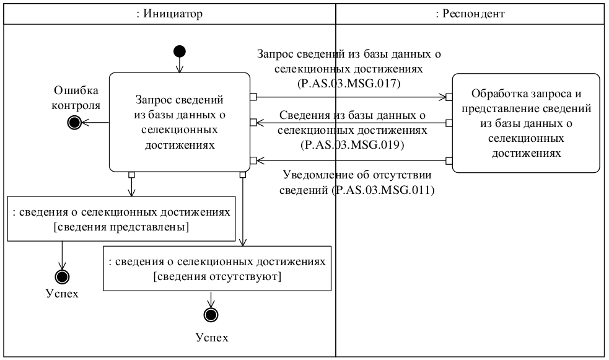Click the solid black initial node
tap(179, 51)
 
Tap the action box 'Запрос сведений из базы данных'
tap(179, 122)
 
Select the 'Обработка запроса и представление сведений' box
tap(525, 123)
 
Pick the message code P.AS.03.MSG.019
tap(352, 146)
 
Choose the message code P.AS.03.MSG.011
tap(383, 191)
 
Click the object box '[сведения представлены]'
tap(121, 219)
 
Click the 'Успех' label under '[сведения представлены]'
tap(62, 293)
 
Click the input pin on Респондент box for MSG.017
tap(449, 97)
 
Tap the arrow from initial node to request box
tap(179, 65)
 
